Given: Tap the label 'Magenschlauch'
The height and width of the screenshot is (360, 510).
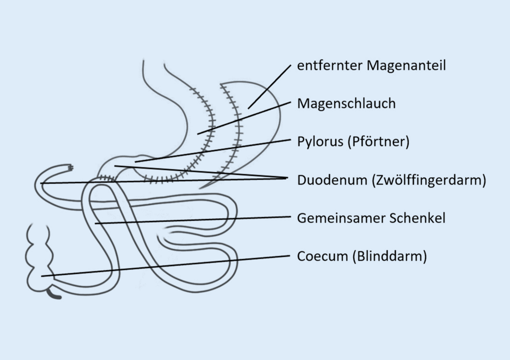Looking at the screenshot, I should (x=346, y=104).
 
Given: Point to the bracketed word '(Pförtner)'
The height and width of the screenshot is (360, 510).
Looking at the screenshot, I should (x=378, y=142).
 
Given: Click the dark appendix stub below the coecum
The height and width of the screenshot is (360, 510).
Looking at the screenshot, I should (x=53, y=294).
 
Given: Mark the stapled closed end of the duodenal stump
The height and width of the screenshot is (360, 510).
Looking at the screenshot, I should (x=70, y=167).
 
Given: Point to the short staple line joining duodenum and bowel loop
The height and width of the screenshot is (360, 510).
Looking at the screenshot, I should (x=106, y=178).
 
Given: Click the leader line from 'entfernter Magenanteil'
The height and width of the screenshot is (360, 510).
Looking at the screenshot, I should (x=269, y=86).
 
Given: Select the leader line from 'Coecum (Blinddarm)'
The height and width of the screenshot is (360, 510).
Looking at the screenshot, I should (x=168, y=266).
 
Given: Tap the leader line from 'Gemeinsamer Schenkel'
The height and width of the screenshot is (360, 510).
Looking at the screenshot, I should (x=193, y=220).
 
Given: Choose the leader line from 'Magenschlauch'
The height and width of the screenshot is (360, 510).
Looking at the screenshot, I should (x=244, y=118).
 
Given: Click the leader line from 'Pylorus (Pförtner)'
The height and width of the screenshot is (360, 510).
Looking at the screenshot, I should (x=213, y=151).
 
